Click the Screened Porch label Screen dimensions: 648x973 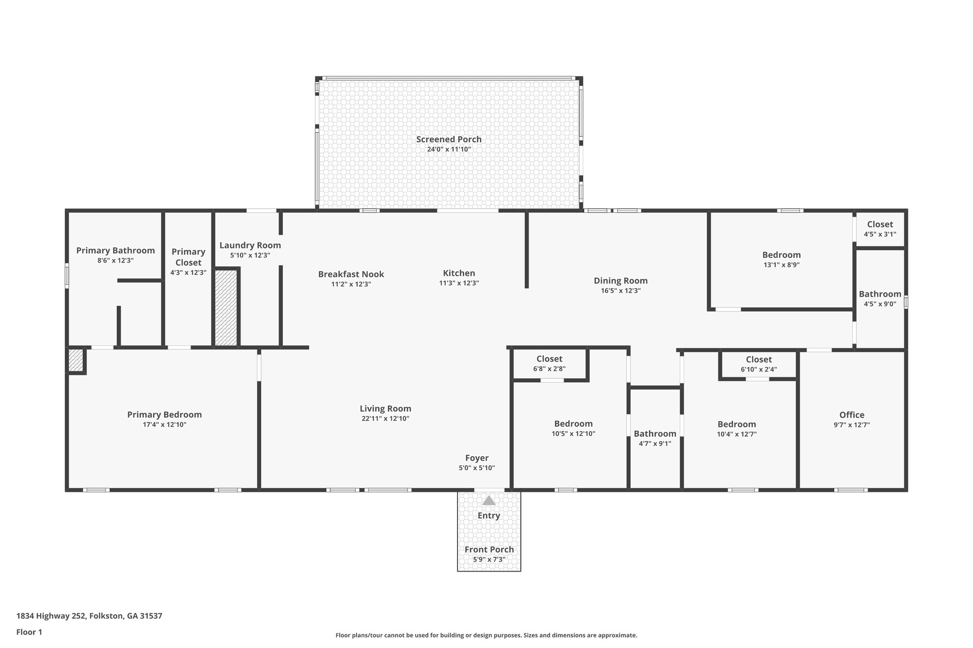pos(448,139)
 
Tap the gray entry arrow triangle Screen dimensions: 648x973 pos(488,500)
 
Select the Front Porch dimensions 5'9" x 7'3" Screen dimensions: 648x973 pos(489,560)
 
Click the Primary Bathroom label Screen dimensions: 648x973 pos(115,251)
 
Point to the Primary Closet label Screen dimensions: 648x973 pos(188,257)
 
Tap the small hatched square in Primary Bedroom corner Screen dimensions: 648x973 pos(76,360)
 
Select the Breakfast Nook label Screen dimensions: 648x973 pos(351,274)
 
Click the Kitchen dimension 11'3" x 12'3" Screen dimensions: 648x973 pos(458,283)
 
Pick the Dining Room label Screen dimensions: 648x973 pos(620,281)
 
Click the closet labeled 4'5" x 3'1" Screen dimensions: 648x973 pos(879,229)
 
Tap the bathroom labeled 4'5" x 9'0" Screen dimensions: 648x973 pos(879,299)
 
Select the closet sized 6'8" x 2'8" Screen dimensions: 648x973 pos(549,364)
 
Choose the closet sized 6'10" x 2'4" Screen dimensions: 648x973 pos(758,364)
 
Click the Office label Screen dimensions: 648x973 pos(851,415)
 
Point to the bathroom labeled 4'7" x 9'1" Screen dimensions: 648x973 pos(655,438)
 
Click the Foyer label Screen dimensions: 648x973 pos(477,458)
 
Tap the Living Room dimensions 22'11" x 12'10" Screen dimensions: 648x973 pos(385,419)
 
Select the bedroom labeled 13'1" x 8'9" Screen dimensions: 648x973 pos(781,260)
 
